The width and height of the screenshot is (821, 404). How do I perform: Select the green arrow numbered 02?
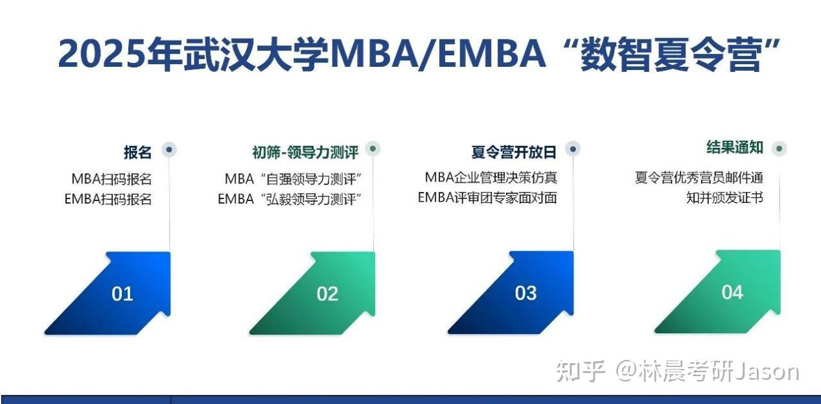pos(327,294)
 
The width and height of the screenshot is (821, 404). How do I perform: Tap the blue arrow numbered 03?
pos(526,293)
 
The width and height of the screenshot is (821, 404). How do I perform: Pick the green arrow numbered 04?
pos(732,292)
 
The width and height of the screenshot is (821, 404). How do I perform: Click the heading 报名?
pos(137,152)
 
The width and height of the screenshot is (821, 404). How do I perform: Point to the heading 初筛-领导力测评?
pos(305,152)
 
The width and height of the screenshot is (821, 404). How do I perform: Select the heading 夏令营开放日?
pos(513,152)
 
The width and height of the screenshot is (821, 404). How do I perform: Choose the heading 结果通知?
pos(735,148)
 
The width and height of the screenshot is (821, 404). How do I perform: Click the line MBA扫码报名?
pos(111,179)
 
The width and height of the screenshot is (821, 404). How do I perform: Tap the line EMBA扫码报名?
pos(108,199)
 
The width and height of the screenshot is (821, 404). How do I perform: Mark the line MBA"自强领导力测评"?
pos(293,179)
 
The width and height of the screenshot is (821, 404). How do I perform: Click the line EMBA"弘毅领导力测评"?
pos(289,199)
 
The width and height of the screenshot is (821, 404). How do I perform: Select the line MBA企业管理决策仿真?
pos(491,177)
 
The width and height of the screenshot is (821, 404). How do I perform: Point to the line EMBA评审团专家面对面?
pos(487,197)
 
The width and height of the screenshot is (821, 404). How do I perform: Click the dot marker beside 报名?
pos(169,150)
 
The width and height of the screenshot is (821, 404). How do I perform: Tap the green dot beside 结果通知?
pos(779,149)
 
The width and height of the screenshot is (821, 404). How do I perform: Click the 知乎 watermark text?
pos(581,372)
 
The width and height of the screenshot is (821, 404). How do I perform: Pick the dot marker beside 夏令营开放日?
pos(572,149)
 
